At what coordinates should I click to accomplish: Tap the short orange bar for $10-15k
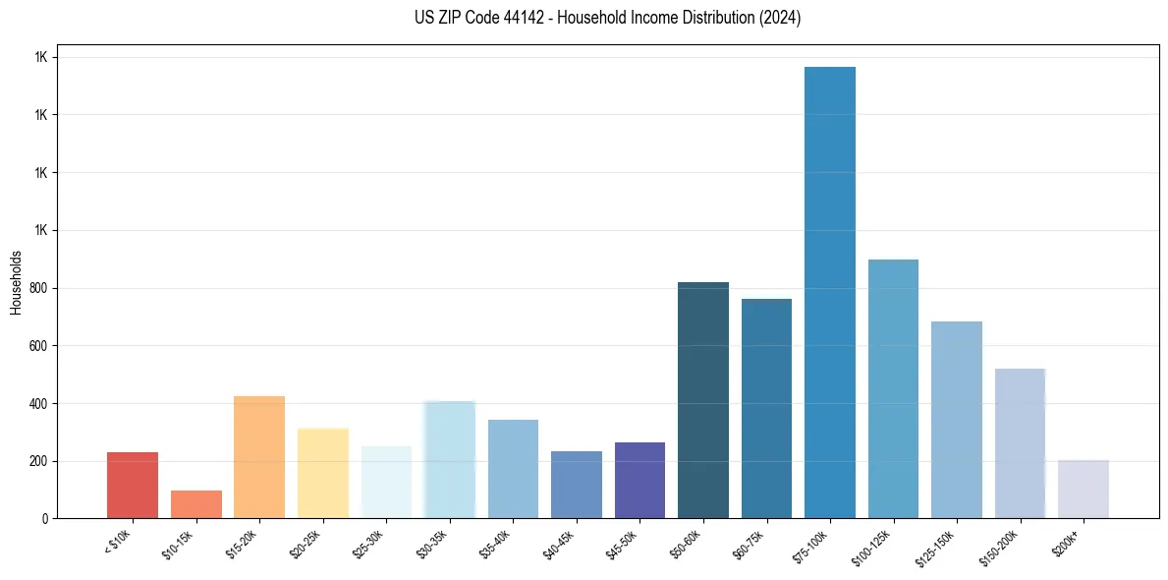click(x=196, y=503)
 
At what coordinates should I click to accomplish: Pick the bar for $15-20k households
click(x=259, y=457)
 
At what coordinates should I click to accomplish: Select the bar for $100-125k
click(x=893, y=388)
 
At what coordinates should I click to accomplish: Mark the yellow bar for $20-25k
click(x=323, y=473)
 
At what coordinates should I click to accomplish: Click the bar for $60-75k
click(x=766, y=408)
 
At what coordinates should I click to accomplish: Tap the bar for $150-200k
click(x=1020, y=443)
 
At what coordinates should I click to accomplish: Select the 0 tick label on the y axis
click(x=44, y=519)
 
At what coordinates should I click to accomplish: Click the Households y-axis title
click(x=16, y=282)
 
